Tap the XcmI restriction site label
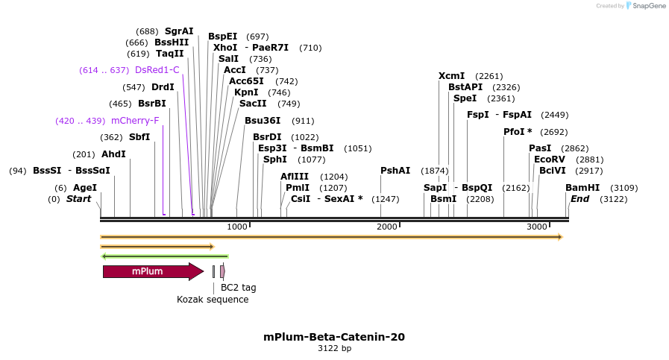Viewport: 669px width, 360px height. (x=451, y=76)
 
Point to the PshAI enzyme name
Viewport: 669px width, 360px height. (x=395, y=171)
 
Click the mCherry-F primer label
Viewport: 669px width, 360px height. (x=135, y=121)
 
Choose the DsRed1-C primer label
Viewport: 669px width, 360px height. (x=157, y=70)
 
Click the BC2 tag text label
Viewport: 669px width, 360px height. (x=238, y=287)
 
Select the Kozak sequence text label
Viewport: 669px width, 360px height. (x=213, y=300)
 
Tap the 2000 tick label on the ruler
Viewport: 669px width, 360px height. (x=386, y=227)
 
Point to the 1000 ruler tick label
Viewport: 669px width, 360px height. (x=236, y=227)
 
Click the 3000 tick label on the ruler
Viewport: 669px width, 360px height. (x=537, y=227)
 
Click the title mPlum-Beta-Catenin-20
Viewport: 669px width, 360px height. (x=334, y=337)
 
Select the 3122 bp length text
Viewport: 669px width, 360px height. (x=334, y=348)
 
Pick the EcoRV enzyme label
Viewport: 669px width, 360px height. (x=549, y=160)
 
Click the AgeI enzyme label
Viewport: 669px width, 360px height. (x=85, y=188)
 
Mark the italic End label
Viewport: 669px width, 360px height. (x=580, y=199)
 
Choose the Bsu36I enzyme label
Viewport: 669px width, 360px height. (x=263, y=121)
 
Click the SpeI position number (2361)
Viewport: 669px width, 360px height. (x=500, y=98)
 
